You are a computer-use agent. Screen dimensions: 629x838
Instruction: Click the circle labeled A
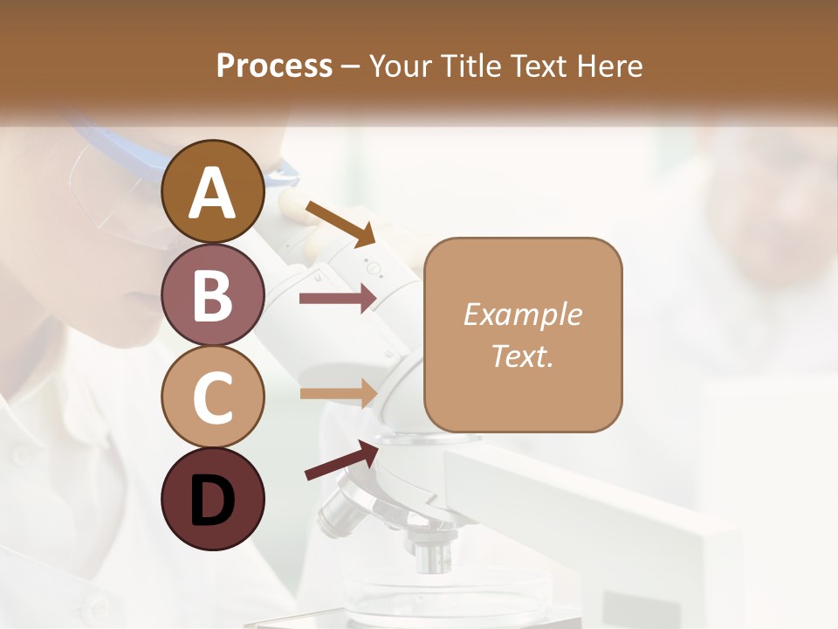pyautogui.click(x=213, y=191)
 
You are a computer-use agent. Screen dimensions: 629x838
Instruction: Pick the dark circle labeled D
pyautogui.click(x=213, y=499)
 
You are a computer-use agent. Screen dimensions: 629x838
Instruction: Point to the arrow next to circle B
pyautogui.click(x=338, y=299)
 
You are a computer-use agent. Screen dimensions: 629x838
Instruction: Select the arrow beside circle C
pyautogui.click(x=338, y=393)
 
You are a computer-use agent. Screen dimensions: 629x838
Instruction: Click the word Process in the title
pyautogui.click(x=274, y=66)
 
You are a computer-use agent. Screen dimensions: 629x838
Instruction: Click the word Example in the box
pyautogui.click(x=522, y=314)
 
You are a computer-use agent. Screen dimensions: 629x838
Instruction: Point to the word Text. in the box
pyautogui.click(x=522, y=356)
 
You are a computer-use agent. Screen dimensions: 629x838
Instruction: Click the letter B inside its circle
pyautogui.click(x=213, y=294)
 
